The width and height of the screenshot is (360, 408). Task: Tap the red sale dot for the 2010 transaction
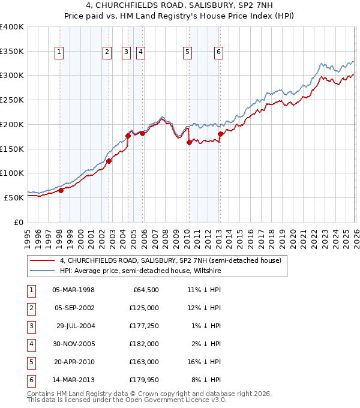point(189,142)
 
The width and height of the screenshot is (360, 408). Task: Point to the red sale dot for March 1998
point(61,191)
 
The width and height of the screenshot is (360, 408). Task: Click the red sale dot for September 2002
point(109,161)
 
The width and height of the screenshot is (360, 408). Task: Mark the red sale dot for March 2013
point(220,134)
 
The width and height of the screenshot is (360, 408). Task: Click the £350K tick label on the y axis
point(12,51)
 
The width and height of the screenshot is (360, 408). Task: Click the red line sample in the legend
point(43,260)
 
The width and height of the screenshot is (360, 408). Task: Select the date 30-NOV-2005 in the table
point(74,344)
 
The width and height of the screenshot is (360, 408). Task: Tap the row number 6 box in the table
point(30,380)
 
